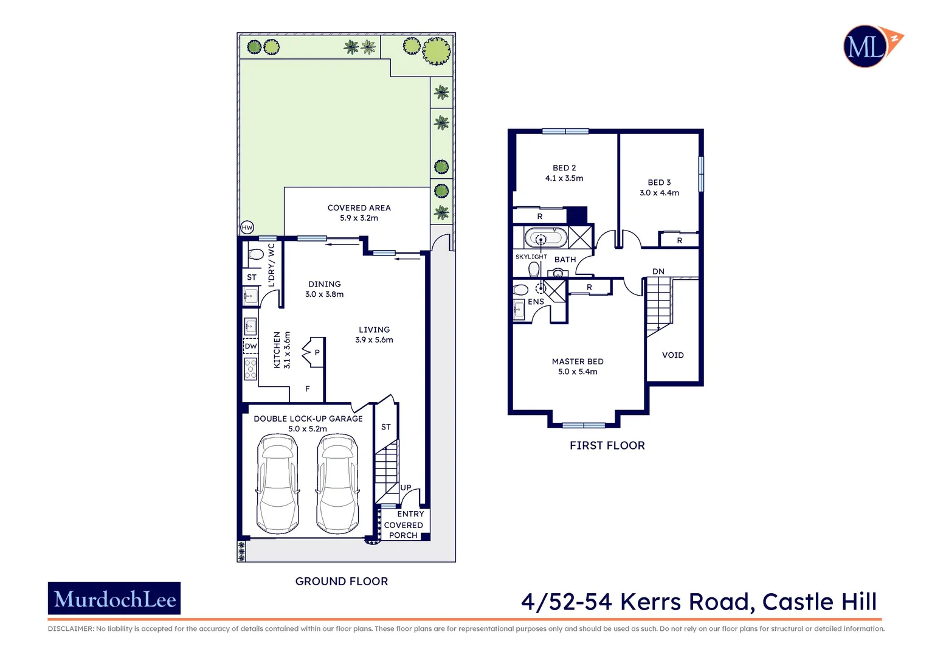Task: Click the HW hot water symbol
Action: [x=247, y=228]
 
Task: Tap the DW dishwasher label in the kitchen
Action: [x=250, y=346]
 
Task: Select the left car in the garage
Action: [x=278, y=484]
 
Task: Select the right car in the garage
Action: [x=337, y=484]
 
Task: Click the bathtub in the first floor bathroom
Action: [x=545, y=238]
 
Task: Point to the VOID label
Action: [x=672, y=355]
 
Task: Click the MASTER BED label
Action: [x=577, y=361]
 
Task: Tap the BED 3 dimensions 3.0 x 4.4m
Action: [x=659, y=193]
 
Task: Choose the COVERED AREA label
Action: [x=359, y=208]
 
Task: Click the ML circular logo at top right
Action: [x=866, y=46]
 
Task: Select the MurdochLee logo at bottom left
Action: [x=114, y=599]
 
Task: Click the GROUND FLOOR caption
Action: [x=341, y=582]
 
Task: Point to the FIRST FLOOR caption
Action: [x=607, y=446]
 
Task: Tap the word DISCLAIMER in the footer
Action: [x=71, y=629]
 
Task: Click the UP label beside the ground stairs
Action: [x=406, y=487]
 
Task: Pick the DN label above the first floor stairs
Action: [x=658, y=271]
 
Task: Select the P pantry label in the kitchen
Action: [x=317, y=353]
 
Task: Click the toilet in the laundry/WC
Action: [x=255, y=254]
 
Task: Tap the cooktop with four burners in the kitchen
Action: [x=250, y=369]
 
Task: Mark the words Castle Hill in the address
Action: [x=819, y=602]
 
